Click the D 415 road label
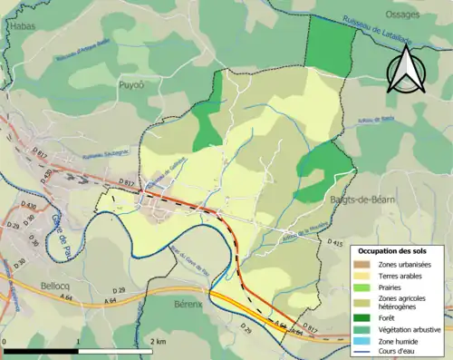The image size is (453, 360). (333, 244)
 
